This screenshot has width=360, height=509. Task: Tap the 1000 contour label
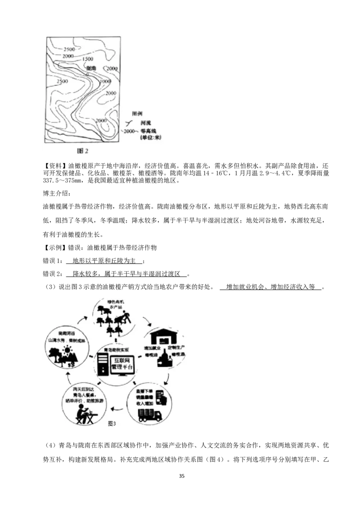click(x=105, y=81)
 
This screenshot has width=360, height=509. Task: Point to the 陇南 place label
click(x=91, y=68)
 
